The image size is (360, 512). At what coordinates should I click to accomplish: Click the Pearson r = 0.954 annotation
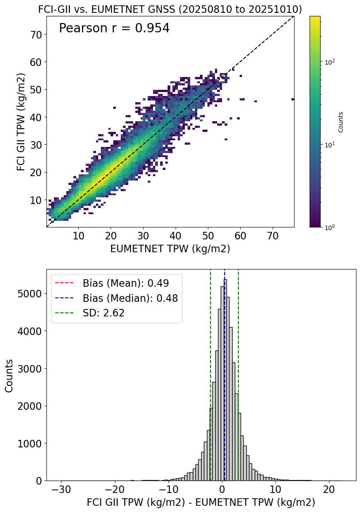pyautogui.click(x=114, y=28)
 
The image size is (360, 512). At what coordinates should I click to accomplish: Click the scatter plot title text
pyautogui.click(x=170, y=9)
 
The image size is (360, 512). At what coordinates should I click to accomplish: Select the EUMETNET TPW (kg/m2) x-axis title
pyautogui.click(x=170, y=249)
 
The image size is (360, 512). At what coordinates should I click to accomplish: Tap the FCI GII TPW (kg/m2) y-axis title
pyautogui.click(x=21, y=122)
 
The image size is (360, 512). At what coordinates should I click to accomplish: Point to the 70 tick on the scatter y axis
pyautogui.click(x=36, y=35)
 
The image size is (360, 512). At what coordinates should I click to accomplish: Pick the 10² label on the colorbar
pyautogui.click(x=329, y=62)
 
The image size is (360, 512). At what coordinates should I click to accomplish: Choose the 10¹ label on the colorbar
pyautogui.click(x=329, y=145)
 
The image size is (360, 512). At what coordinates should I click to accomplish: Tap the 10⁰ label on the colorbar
pyautogui.click(x=329, y=227)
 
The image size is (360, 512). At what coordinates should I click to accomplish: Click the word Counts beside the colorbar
pyautogui.click(x=341, y=122)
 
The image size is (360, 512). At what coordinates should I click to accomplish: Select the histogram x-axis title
pyautogui.click(x=201, y=502)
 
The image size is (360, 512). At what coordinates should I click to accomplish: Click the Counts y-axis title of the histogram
pyautogui.click(x=9, y=375)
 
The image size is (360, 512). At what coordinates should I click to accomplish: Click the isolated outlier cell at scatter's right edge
pyautogui.click(x=293, y=99)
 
